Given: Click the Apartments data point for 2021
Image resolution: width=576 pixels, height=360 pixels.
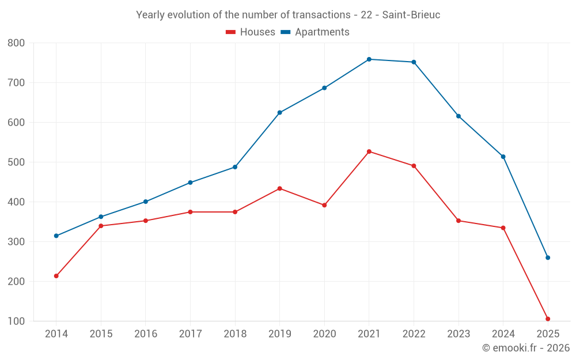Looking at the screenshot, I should tap(369, 59).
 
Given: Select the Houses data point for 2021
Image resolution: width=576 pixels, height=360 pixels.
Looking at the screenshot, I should tap(369, 151).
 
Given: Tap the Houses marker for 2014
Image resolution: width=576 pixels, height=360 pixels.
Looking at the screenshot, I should tap(56, 276).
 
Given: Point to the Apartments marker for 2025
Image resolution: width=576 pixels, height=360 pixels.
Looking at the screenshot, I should tap(548, 257).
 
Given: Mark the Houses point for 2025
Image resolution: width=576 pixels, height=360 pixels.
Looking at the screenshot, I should tap(548, 319).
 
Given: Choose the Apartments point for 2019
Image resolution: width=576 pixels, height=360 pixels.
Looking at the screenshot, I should tap(280, 112).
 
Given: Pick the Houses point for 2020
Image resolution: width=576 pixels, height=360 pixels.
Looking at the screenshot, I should tap(324, 205).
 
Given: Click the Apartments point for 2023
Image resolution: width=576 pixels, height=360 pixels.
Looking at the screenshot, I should tap(458, 116).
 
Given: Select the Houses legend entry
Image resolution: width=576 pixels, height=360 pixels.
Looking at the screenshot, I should tap(250, 32).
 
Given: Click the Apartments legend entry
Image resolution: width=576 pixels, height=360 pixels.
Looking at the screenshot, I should tap(315, 32).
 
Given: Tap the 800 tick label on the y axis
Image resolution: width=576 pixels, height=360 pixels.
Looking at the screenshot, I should tap(17, 43).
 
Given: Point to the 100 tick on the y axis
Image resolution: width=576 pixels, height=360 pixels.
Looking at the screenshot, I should tap(17, 321).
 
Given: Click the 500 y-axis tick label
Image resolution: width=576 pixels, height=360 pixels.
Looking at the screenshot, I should tap(17, 162).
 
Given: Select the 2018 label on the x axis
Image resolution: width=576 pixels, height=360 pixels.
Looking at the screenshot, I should tap(235, 334).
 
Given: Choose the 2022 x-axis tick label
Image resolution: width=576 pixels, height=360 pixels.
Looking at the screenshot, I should tap(414, 334).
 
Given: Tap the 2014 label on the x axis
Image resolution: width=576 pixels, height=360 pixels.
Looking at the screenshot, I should tap(56, 334).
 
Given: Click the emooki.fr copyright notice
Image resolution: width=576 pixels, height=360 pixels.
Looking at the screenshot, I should tap(525, 348).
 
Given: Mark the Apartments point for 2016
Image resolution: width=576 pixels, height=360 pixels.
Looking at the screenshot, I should tap(146, 202).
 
